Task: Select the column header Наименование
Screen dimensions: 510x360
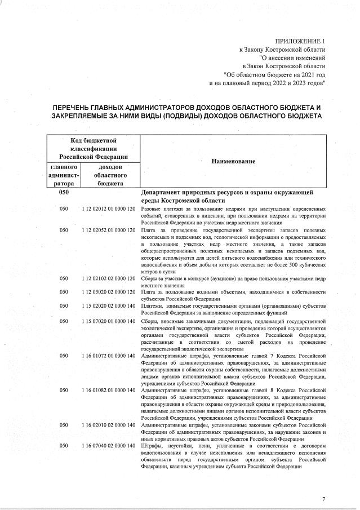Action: [233, 162]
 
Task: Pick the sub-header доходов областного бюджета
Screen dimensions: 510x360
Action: [110, 175]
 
